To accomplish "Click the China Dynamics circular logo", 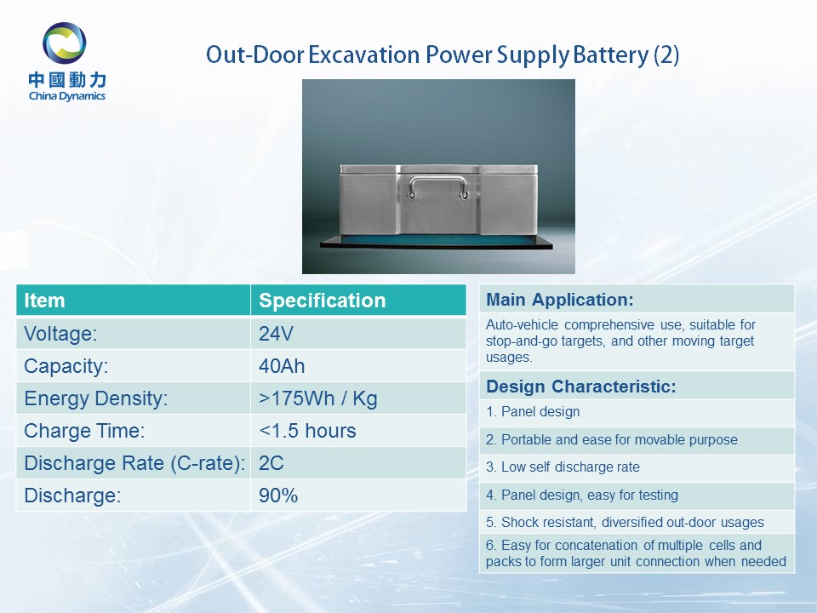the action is (65, 43).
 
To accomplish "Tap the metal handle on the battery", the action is (438, 187).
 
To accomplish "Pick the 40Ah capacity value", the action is (282, 366).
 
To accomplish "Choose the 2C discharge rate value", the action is (271, 463).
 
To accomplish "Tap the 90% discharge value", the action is (278, 496).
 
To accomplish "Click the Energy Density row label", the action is (96, 398).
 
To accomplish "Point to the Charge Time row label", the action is (84, 431).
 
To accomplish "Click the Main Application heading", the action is (560, 300).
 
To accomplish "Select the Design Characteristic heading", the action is (581, 387).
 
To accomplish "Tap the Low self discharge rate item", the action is (563, 467).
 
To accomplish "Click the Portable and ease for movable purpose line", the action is (612, 440).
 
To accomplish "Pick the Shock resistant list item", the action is (625, 522).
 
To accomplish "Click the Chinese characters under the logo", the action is (67, 80).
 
